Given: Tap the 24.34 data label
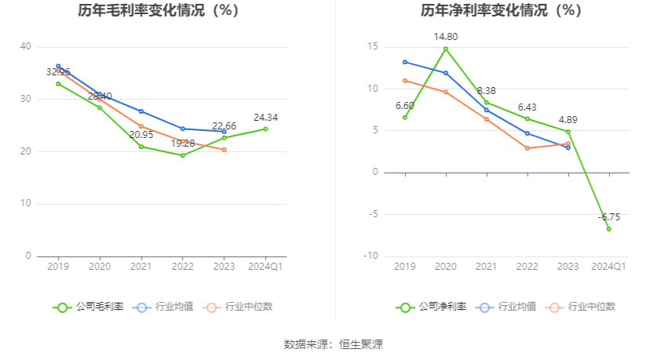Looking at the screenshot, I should tap(265, 118).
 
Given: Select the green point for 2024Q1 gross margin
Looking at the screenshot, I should tap(265, 129).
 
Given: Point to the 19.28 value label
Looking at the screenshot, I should tap(183, 144).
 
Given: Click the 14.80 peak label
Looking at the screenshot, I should tap(446, 37).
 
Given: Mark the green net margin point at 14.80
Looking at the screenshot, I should tap(446, 49).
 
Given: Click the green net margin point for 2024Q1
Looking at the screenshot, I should tap(609, 228).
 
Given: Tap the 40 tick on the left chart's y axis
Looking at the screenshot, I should tap(26, 47).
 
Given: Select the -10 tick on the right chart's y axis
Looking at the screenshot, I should tap(373, 256).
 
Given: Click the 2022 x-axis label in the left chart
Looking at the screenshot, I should tap(183, 267).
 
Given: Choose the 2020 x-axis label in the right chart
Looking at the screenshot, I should tap(446, 267).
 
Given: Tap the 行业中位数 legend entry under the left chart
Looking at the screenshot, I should tap(239, 307).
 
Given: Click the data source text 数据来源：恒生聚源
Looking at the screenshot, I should tap(333, 344).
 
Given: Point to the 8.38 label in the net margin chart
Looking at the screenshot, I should tap(487, 91).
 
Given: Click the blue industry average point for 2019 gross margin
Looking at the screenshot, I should tap(58, 67).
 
